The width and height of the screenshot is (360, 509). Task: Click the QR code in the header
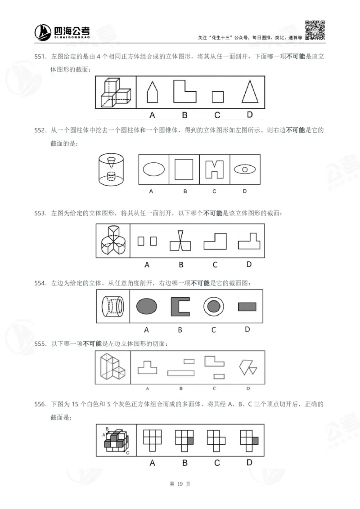[x=315, y=30]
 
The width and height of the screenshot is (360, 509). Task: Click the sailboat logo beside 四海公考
[x=43, y=31]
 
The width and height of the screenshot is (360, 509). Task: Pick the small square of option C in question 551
[x=217, y=97]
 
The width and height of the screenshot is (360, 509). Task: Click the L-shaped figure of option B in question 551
[x=184, y=92]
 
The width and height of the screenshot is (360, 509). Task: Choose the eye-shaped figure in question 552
[x=245, y=170]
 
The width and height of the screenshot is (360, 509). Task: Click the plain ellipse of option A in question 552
[x=154, y=170]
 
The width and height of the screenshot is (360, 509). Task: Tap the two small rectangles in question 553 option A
[x=147, y=241]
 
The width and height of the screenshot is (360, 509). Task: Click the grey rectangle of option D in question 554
[x=247, y=307]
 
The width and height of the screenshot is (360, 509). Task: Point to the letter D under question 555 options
[x=247, y=388]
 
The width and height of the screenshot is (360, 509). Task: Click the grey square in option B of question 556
[x=190, y=441]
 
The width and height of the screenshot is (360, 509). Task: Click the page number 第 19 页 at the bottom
[x=180, y=484]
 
